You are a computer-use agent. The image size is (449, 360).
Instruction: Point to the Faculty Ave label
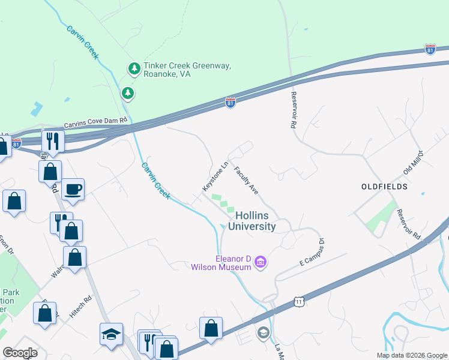(246, 181)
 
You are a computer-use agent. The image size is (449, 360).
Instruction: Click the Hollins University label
(255, 221)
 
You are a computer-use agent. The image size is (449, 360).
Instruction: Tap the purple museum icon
(261, 262)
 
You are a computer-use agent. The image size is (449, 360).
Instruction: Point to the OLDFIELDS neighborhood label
(384, 187)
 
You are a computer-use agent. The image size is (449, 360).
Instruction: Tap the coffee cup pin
(73, 190)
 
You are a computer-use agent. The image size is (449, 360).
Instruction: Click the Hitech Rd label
(80, 305)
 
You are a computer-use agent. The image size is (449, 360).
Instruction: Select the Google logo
(20, 353)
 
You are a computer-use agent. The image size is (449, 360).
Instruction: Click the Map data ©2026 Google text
(411, 355)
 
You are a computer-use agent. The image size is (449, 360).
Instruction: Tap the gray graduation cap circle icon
(263, 333)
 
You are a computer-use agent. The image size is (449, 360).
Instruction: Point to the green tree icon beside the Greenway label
(127, 93)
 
